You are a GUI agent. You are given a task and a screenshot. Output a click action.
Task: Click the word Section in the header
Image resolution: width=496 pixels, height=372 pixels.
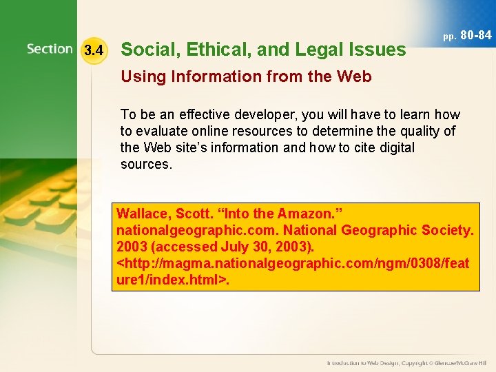(x=50, y=50)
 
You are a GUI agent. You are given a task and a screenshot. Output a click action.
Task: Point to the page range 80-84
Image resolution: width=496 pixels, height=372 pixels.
(x=476, y=34)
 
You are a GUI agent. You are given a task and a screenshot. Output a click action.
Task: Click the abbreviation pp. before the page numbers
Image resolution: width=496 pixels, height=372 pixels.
(x=449, y=36)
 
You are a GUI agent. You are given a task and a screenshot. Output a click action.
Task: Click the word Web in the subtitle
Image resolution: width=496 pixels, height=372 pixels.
(x=355, y=76)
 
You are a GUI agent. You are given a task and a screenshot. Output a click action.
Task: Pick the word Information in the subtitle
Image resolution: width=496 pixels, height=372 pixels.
(x=203, y=76)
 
